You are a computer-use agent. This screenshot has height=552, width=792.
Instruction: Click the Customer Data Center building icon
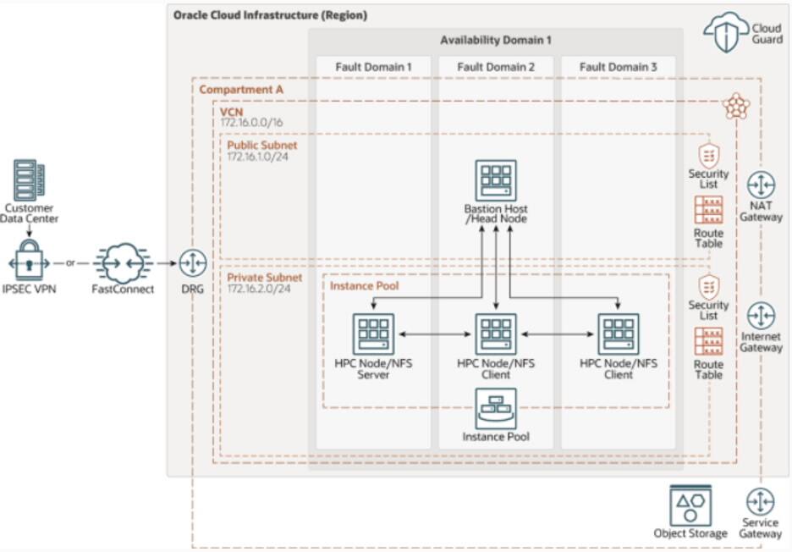pyautogui.click(x=30, y=180)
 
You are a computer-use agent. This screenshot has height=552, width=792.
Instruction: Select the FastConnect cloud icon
pyautogui.click(x=123, y=262)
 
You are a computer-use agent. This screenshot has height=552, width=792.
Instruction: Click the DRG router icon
pyautogui.click(x=193, y=263)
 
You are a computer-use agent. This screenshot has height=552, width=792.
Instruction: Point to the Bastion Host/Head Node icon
pyautogui.click(x=496, y=181)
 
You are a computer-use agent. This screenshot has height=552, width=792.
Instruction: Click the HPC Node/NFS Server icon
pyautogui.click(x=373, y=333)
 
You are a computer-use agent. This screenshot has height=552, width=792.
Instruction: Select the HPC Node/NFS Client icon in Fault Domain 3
pyautogui.click(x=619, y=333)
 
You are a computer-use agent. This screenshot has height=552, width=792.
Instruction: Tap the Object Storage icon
pyautogui.click(x=690, y=505)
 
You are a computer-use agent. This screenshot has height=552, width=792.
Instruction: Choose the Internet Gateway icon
pyautogui.click(x=761, y=316)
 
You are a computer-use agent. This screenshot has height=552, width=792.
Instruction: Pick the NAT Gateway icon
pyautogui.click(x=761, y=185)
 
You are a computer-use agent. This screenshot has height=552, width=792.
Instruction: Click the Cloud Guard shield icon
pyautogui.click(x=725, y=31)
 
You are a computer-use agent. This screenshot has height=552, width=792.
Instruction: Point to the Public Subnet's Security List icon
pyautogui.click(x=708, y=156)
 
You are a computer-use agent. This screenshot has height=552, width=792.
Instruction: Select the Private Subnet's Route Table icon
pyautogui.click(x=708, y=341)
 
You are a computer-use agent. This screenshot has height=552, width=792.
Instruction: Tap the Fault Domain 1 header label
pyautogui.click(x=373, y=66)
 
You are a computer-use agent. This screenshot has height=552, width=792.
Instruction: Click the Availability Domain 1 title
pyautogui.click(x=495, y=41)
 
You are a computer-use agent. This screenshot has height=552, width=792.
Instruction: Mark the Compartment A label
pyautogui.click(x=241, y=89)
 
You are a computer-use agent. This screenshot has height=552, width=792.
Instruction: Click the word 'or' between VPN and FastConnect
pyautogui.click(x=71, y=263)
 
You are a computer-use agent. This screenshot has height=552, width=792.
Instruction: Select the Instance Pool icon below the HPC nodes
pyautogui.click(x=496, y=409)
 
